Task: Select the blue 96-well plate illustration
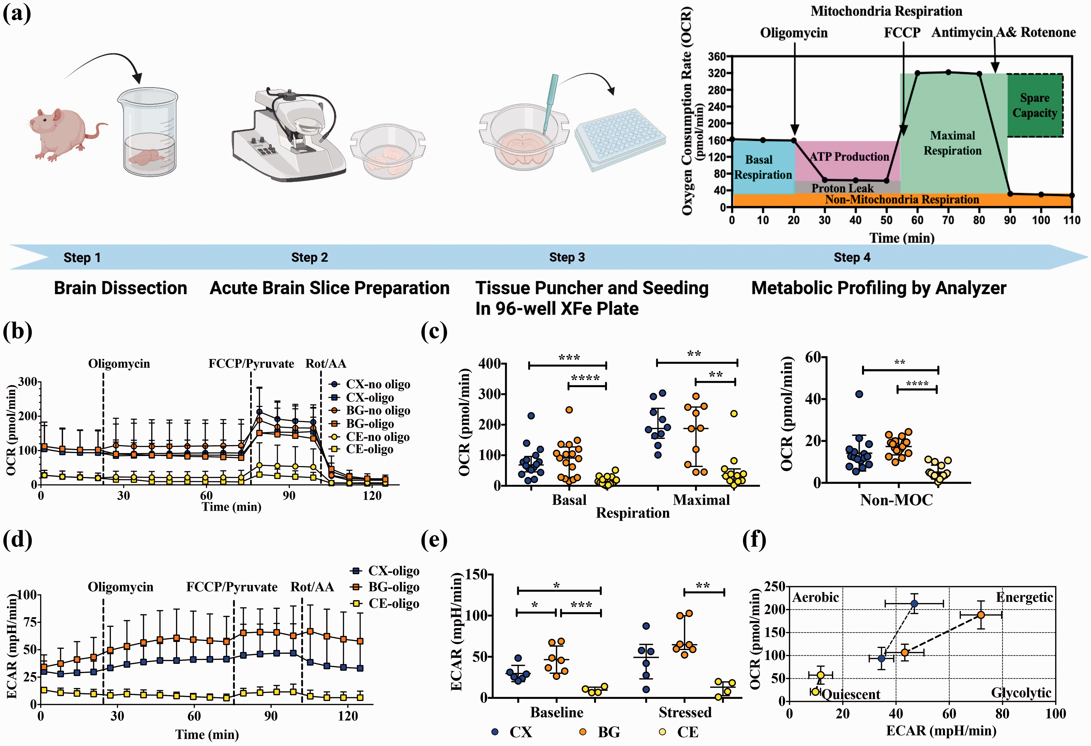[x=620, y=138]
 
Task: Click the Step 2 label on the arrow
[x=309, y=257]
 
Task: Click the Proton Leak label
[x=843, y=188]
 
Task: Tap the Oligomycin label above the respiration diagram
[x=794, y=33]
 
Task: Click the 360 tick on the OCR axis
[x=717, y=56]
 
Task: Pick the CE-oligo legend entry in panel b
[x=361, y=449]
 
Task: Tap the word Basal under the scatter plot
[x=569, y=500]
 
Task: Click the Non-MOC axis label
[x=896, y=500]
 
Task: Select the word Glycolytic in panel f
[x=1021, y=693]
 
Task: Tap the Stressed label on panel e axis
[x=685, y=713]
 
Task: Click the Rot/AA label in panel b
[x=326, y=363]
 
